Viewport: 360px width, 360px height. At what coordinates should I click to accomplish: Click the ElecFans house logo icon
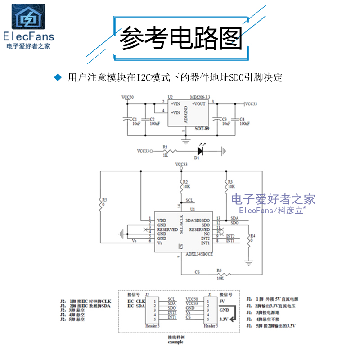(x=28, y=17)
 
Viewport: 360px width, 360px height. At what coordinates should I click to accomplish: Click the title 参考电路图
(x=180, y=39)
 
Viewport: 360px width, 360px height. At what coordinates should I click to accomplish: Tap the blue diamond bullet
(x=57, y=77)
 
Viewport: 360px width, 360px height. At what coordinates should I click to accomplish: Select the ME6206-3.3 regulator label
(x=200, y=97)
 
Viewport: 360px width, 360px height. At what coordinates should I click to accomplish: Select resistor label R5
(x=104, y=199)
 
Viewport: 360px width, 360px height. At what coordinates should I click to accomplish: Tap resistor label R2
(x=185, y=181)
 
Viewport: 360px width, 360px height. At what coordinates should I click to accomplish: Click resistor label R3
(x=230, y=181)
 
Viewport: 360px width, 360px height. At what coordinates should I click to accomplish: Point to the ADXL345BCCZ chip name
(x=198, y=254)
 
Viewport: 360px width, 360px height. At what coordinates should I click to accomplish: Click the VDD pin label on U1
(x=162, y=220)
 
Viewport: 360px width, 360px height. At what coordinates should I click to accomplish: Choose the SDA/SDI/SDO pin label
(x=198, y=220)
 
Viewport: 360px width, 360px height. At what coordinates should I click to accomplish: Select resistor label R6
(x=219, y=270)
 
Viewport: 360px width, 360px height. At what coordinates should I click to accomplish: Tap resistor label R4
(x=252, y=235)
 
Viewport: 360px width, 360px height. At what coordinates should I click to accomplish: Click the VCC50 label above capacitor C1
(x=127, y=97)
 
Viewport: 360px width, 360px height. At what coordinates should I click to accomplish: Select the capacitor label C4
(x=242, y=119)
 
